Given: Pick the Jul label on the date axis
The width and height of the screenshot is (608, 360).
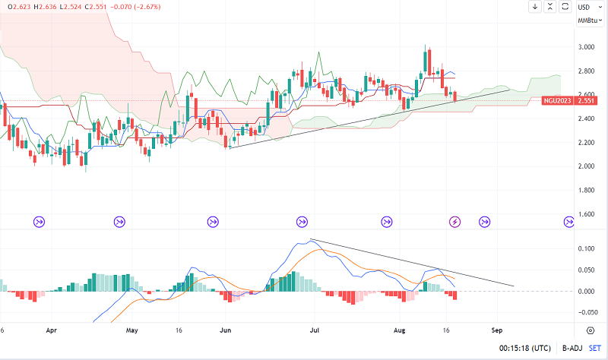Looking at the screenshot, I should click(313, 331).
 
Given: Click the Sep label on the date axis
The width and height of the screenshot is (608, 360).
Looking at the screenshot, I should click(497, 331).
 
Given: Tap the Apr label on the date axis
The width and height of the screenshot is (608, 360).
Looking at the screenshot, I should click(52, 331).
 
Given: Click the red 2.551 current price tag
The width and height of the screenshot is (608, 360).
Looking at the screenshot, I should click(585, 100).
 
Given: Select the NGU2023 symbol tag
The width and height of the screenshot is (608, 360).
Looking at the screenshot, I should click(557, 100).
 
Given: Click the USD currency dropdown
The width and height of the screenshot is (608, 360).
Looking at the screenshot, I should click(585, 7).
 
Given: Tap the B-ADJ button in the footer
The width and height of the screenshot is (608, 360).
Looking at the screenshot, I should click(571, 349).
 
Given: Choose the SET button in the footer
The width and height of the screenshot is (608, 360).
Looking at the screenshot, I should click(594, 349).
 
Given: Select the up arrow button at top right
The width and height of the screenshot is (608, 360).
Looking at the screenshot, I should click(550, 7).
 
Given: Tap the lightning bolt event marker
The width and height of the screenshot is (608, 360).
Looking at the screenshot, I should click(455, 222).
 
